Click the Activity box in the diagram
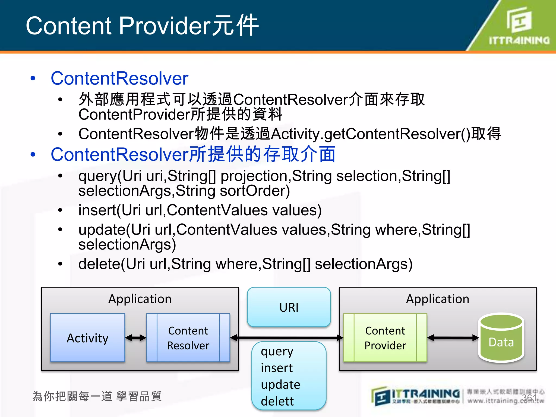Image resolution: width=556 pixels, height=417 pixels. click(x=87, y=338)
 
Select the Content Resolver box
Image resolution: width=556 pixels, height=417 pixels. click(x=188, y=338)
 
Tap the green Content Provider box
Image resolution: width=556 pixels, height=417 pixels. click(x=385, y=338)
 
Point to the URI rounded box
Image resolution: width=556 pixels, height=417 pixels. click(x=289, y=307)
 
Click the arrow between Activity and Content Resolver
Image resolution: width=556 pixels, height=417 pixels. click(x=136, y=338)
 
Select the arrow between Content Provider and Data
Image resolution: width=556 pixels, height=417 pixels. click(x=453, y=338)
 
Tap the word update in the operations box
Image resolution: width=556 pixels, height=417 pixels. click(x=280, y=384)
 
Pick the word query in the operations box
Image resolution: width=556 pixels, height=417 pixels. click(x=277, y=352)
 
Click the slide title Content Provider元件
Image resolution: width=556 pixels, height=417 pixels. click(x=142, y=26)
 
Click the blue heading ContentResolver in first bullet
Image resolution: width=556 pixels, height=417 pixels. click(x=119, y=78)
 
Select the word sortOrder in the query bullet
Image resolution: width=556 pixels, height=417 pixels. click(x=255, y=191)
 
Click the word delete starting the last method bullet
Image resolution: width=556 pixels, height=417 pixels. click(x=99, y=264)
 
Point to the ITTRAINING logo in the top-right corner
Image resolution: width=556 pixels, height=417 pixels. click(x=519, y=26)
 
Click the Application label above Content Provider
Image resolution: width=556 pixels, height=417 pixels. click(x=437, y=299)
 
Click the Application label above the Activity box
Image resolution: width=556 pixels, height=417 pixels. click(x=140, y=299)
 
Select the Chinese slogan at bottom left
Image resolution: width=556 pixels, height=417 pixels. click(x=97, y=396)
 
